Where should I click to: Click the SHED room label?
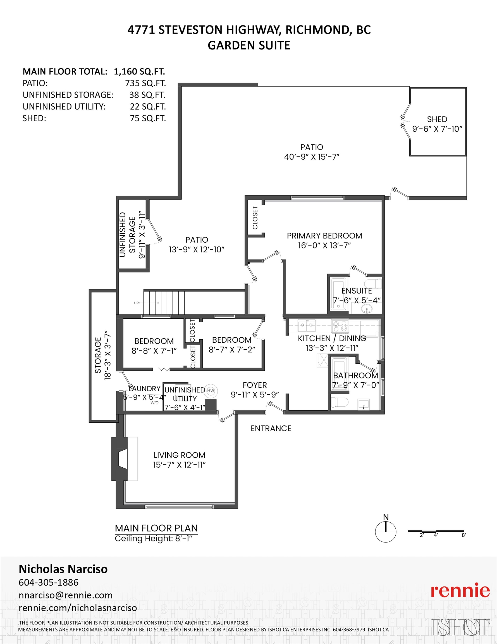tap(437, 119)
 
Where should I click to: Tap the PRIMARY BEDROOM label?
tap(324, 236)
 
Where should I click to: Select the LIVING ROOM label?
tap(180, 455)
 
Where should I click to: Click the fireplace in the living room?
tap(124, 458)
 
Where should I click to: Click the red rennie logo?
tap(460, 590)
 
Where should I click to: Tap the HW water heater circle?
tap(211, 391)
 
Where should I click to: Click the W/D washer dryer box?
tap(154, 403)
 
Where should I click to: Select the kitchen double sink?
tap(307, 326)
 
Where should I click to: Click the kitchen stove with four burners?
tap(340, 326)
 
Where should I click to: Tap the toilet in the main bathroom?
tap(340, 402)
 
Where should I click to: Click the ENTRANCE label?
tap(271, 428)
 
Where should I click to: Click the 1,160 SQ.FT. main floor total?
tap(139, 72)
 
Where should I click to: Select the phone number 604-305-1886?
tap(49, 583)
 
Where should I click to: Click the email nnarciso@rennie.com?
tap(66, 595)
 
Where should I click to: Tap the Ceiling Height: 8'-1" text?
tap(154, 538)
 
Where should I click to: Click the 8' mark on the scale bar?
tap(464, 535)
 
